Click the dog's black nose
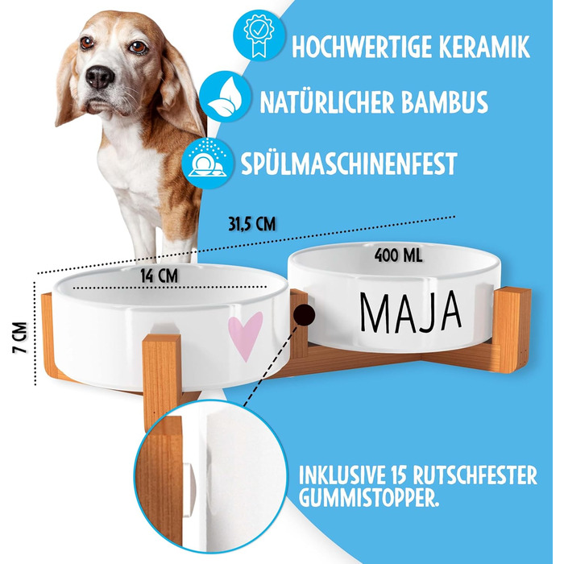pyautogui.click(x=100, y=77)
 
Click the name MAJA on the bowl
pyautogui.click(x=411, y=312)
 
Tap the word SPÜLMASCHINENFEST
pyautogui.click(x=349, y=163)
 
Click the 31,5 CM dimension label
pyautogui.click(x=251, y=224)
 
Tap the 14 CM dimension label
pyautogui.click(x=159, y=276)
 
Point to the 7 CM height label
pyautogui.click(x=20, y=338)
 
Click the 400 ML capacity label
pyautogui.click(x=398, y=255)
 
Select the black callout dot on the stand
pyautogui.click(x=304, y=315)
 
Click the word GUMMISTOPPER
pyautogui.click(x=369, y=497)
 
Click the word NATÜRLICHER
pyautogui.click(x=326, y=102)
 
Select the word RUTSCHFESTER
pyautogui.click(x=475, y=475)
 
